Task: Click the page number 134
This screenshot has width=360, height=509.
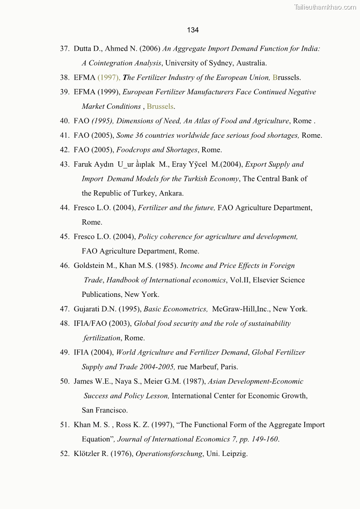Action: tap(193, 30)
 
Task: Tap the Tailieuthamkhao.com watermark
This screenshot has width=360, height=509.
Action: tap(325, 7)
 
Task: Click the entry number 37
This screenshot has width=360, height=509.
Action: tap(64, 48)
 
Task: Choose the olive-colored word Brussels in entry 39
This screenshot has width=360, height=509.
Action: tap(160, 107)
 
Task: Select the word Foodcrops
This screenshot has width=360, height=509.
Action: tap(133, 150)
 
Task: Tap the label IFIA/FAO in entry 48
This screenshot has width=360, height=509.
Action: tap(89, 324)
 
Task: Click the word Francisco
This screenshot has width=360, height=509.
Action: tap(112, 411)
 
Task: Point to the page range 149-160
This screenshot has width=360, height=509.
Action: tap(264, 439)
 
